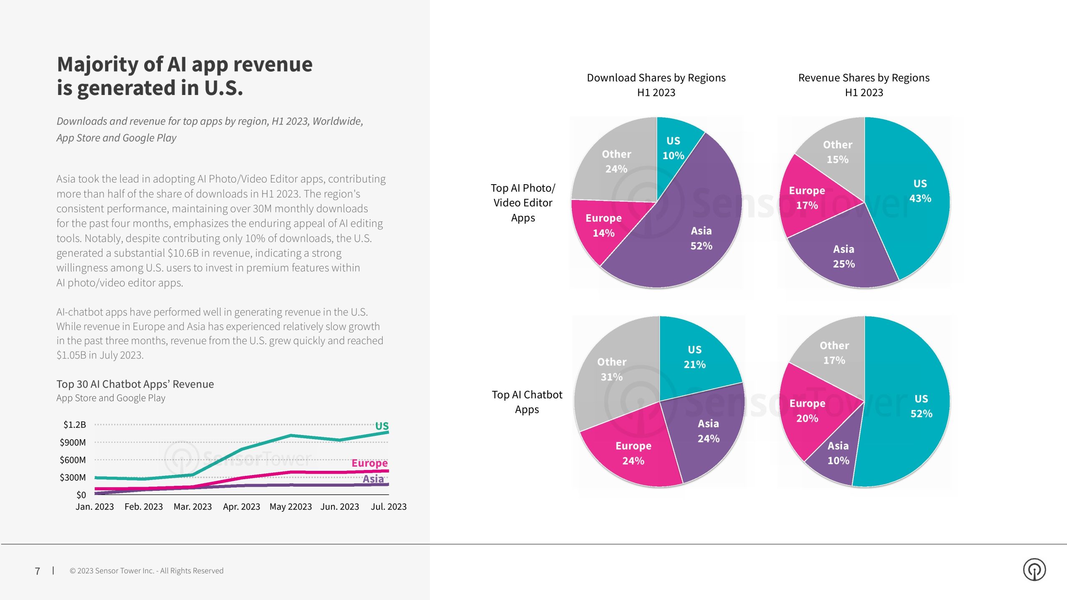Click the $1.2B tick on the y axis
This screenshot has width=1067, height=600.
[75, 425]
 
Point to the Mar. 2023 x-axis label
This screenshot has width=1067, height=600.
[193, 507]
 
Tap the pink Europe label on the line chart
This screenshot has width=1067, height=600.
[369, 463]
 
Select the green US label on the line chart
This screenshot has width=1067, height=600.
[382, 426]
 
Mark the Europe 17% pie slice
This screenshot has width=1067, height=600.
[807, 198]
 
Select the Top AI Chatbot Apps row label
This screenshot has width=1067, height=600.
[527, 402]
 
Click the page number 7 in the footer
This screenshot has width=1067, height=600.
[38, 571]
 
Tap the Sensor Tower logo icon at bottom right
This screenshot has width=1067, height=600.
[1034, 570]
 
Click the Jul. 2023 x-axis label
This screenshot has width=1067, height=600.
[388, 507]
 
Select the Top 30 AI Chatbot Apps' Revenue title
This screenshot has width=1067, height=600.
[135, 384]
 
